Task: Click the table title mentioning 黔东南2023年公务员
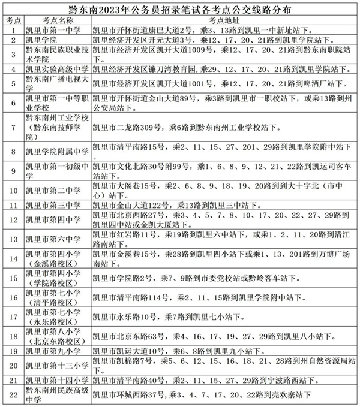180,8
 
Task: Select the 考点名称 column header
56,19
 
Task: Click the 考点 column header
12,19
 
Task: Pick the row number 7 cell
12,128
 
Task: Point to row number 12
12,219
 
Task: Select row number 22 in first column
12,394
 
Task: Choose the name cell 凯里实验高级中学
56,69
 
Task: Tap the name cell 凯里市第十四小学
56,380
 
